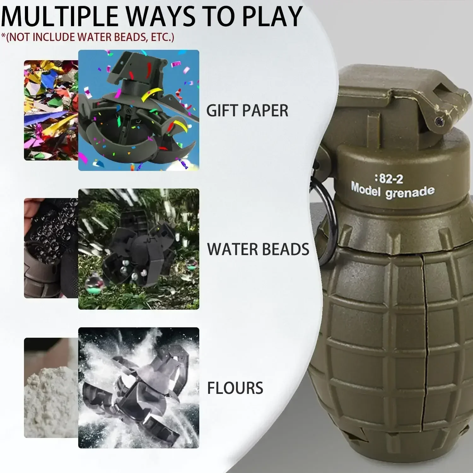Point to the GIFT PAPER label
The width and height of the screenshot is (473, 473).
tap(247, 111)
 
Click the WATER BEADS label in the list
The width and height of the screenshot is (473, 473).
tap(258, 249)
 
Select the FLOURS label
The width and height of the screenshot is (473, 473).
tap(235, 388)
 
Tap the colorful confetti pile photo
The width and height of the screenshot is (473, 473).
tap(50, 110)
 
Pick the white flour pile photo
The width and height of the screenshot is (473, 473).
tap(50, 388)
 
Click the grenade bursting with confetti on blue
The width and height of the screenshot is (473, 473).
tap(138, 110)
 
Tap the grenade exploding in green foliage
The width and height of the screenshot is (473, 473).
tap(138, 249)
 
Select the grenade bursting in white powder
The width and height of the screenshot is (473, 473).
tap(138, 388)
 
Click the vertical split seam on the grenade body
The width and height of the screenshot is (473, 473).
tap(424, 315)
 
